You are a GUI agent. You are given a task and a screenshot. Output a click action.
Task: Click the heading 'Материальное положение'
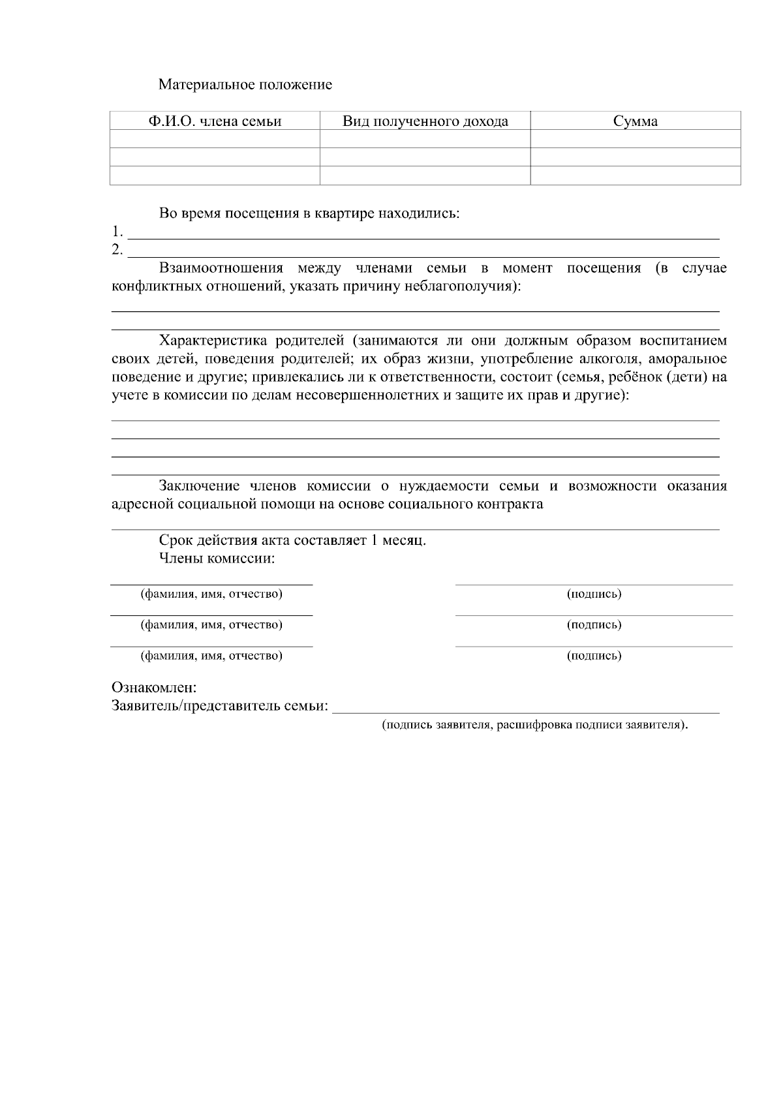coord(245,85)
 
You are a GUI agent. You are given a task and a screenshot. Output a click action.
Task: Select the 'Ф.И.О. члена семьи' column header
coord(215,121)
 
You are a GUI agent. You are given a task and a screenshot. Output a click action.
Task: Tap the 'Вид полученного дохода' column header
coord(425,121)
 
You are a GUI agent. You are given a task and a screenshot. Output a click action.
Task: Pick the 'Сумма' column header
coord(636,121)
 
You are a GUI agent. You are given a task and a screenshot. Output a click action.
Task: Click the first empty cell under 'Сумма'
coord(636,139)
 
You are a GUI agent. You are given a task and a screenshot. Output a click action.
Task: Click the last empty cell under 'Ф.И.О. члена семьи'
coord(215,176)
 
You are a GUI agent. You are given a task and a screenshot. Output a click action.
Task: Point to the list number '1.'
coord(117,232)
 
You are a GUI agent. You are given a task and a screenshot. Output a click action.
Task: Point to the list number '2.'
coord(117,250)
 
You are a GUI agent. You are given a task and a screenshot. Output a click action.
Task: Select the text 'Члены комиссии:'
coord(217,559)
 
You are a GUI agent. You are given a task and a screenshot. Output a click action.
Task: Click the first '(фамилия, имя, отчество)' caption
coord(211,594)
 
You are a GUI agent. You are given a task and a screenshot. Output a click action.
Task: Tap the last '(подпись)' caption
coord(594,656)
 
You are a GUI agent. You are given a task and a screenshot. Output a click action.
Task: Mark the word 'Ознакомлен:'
coord(155,688)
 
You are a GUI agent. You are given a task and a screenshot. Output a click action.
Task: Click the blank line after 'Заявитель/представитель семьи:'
coord(525,707)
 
